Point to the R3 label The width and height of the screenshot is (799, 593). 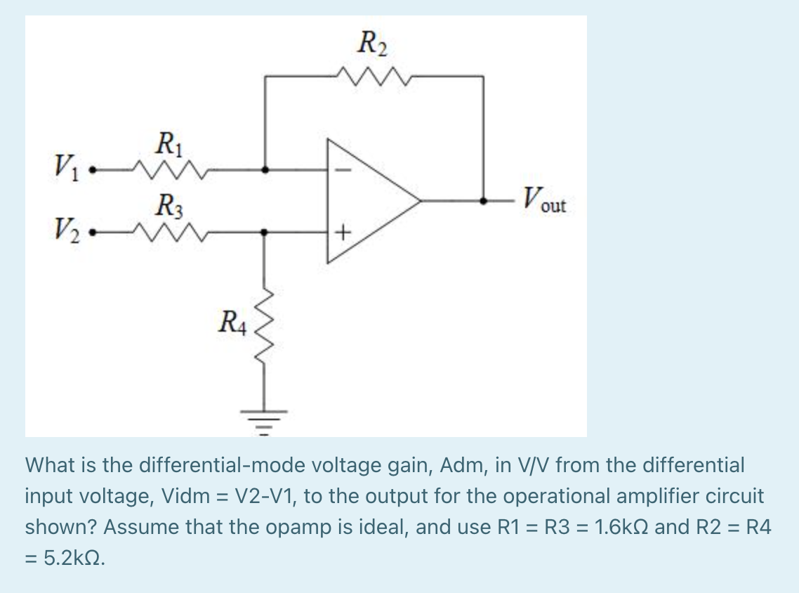click(168, 206)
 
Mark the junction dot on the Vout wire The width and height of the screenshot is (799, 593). click(483, 200)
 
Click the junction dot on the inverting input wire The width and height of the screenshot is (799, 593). click(265, 169)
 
